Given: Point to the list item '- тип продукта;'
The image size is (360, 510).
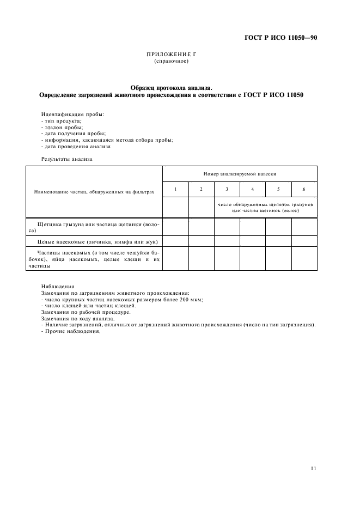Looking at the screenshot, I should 62,120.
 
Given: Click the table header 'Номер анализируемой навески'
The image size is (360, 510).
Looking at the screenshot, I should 240,173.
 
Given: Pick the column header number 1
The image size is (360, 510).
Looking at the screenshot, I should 175,189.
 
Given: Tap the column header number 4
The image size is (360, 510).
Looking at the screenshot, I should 253,189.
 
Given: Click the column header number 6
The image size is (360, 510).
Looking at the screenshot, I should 304,189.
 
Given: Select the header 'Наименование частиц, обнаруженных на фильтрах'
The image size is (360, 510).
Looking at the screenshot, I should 94,192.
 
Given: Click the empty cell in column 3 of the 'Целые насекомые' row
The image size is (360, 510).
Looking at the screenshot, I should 227,240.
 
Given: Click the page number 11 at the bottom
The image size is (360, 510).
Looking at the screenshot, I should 313,468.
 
